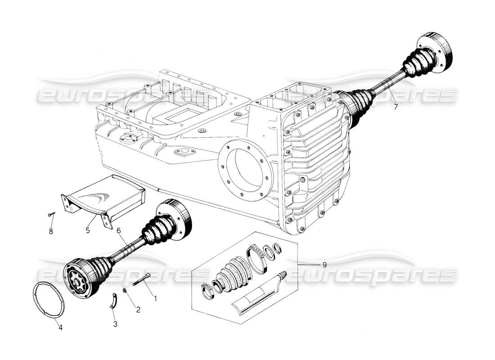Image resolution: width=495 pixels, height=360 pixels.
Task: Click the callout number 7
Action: point(395,107)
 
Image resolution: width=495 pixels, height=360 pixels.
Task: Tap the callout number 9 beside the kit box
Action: point(324,265)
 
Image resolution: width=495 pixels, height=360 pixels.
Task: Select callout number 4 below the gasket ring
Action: point(60,328)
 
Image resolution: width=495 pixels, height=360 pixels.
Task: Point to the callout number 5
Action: point(88,230)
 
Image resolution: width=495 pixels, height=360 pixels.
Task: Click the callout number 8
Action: point(51,232)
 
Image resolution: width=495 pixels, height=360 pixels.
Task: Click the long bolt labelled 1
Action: point(141,279)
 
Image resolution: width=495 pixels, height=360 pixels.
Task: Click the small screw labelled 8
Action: point(51,216)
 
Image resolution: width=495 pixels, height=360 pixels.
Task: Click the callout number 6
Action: point(119,230)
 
